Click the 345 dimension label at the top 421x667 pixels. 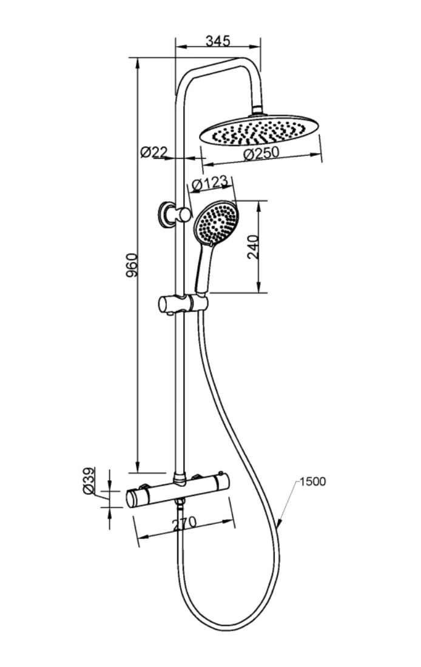(x=218, y=41)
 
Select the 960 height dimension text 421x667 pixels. (x=132, y=266)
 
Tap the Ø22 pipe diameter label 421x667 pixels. (x=153, y=152)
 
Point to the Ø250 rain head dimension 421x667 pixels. (x=261, y=153)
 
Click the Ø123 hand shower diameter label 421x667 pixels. (x=209, y=184)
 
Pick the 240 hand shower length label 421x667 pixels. (x=253, y=247)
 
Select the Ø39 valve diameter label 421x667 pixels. (x=89, y=481)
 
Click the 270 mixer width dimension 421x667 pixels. (x=184, y=524)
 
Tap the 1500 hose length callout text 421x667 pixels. (x=312, y=481)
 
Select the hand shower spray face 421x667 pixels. (x=216, y=223)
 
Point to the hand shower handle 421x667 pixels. (x=202, y=269)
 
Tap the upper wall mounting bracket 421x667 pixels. (x=173, y=213)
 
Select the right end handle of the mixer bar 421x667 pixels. (x=222, y=481)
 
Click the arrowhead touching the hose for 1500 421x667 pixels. (x=279, y=523)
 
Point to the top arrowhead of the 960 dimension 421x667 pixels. (x=137, y=64)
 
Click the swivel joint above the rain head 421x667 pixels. (x=257, y=110)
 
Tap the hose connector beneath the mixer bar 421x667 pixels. (x=181, y=504)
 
